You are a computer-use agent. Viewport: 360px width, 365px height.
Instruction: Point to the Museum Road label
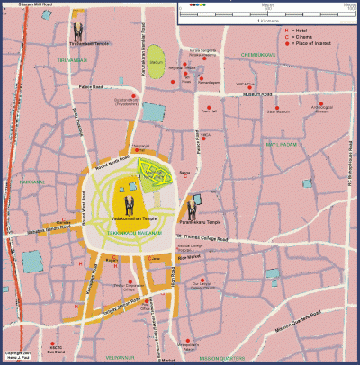pos(272,93)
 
